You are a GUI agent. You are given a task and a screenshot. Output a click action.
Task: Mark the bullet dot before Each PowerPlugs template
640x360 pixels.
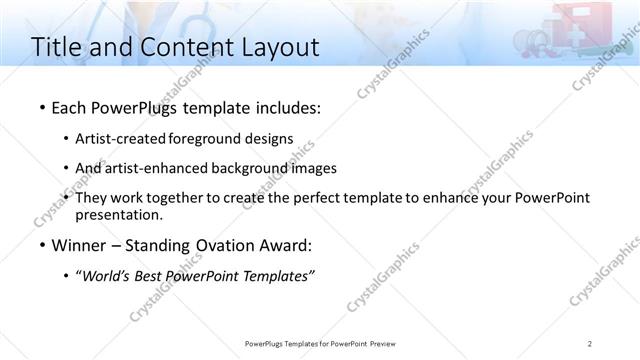click(41, 106)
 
